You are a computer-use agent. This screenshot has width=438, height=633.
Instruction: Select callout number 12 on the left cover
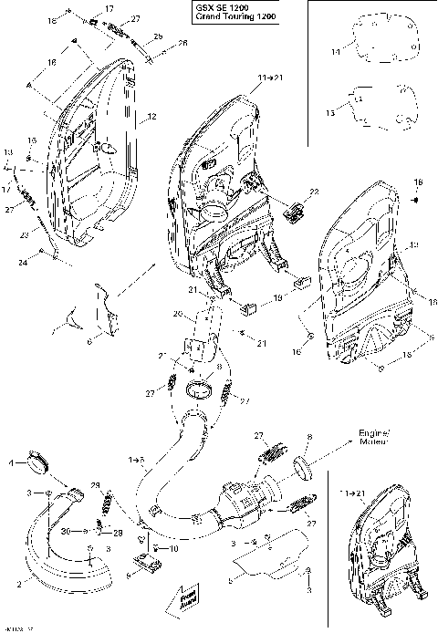(x=152, y=117)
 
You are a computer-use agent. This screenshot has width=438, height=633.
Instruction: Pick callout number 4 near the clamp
(x=12, y=463)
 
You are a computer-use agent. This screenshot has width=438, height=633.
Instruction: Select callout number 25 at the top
(x=158, y=36)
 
